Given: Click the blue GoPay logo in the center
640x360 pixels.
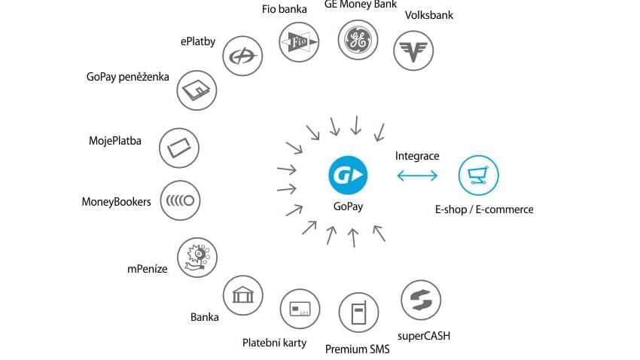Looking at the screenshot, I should (346, 175).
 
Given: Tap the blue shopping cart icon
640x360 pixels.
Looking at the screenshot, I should (478, 175).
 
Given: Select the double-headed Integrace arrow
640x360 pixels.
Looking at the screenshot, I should (416, 175).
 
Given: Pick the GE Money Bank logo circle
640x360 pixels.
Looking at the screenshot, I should (358, 40).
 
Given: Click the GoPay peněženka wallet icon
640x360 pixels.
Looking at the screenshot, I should (197, 91).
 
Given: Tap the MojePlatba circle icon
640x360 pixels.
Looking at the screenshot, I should (179, 146).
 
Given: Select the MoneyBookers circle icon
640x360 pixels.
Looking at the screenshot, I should (179, 201).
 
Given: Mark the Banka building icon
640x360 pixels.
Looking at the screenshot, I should (243, 295).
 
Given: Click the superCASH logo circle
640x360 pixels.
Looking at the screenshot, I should (420, 300).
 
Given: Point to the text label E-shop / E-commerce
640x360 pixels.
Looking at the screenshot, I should (484, 209).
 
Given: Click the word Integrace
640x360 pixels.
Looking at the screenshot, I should (417, 157).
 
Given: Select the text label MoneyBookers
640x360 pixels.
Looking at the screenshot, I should (116, 202).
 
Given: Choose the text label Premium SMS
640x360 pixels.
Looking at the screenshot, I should (357, 349).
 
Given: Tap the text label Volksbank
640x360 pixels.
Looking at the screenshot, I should (429, 15).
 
